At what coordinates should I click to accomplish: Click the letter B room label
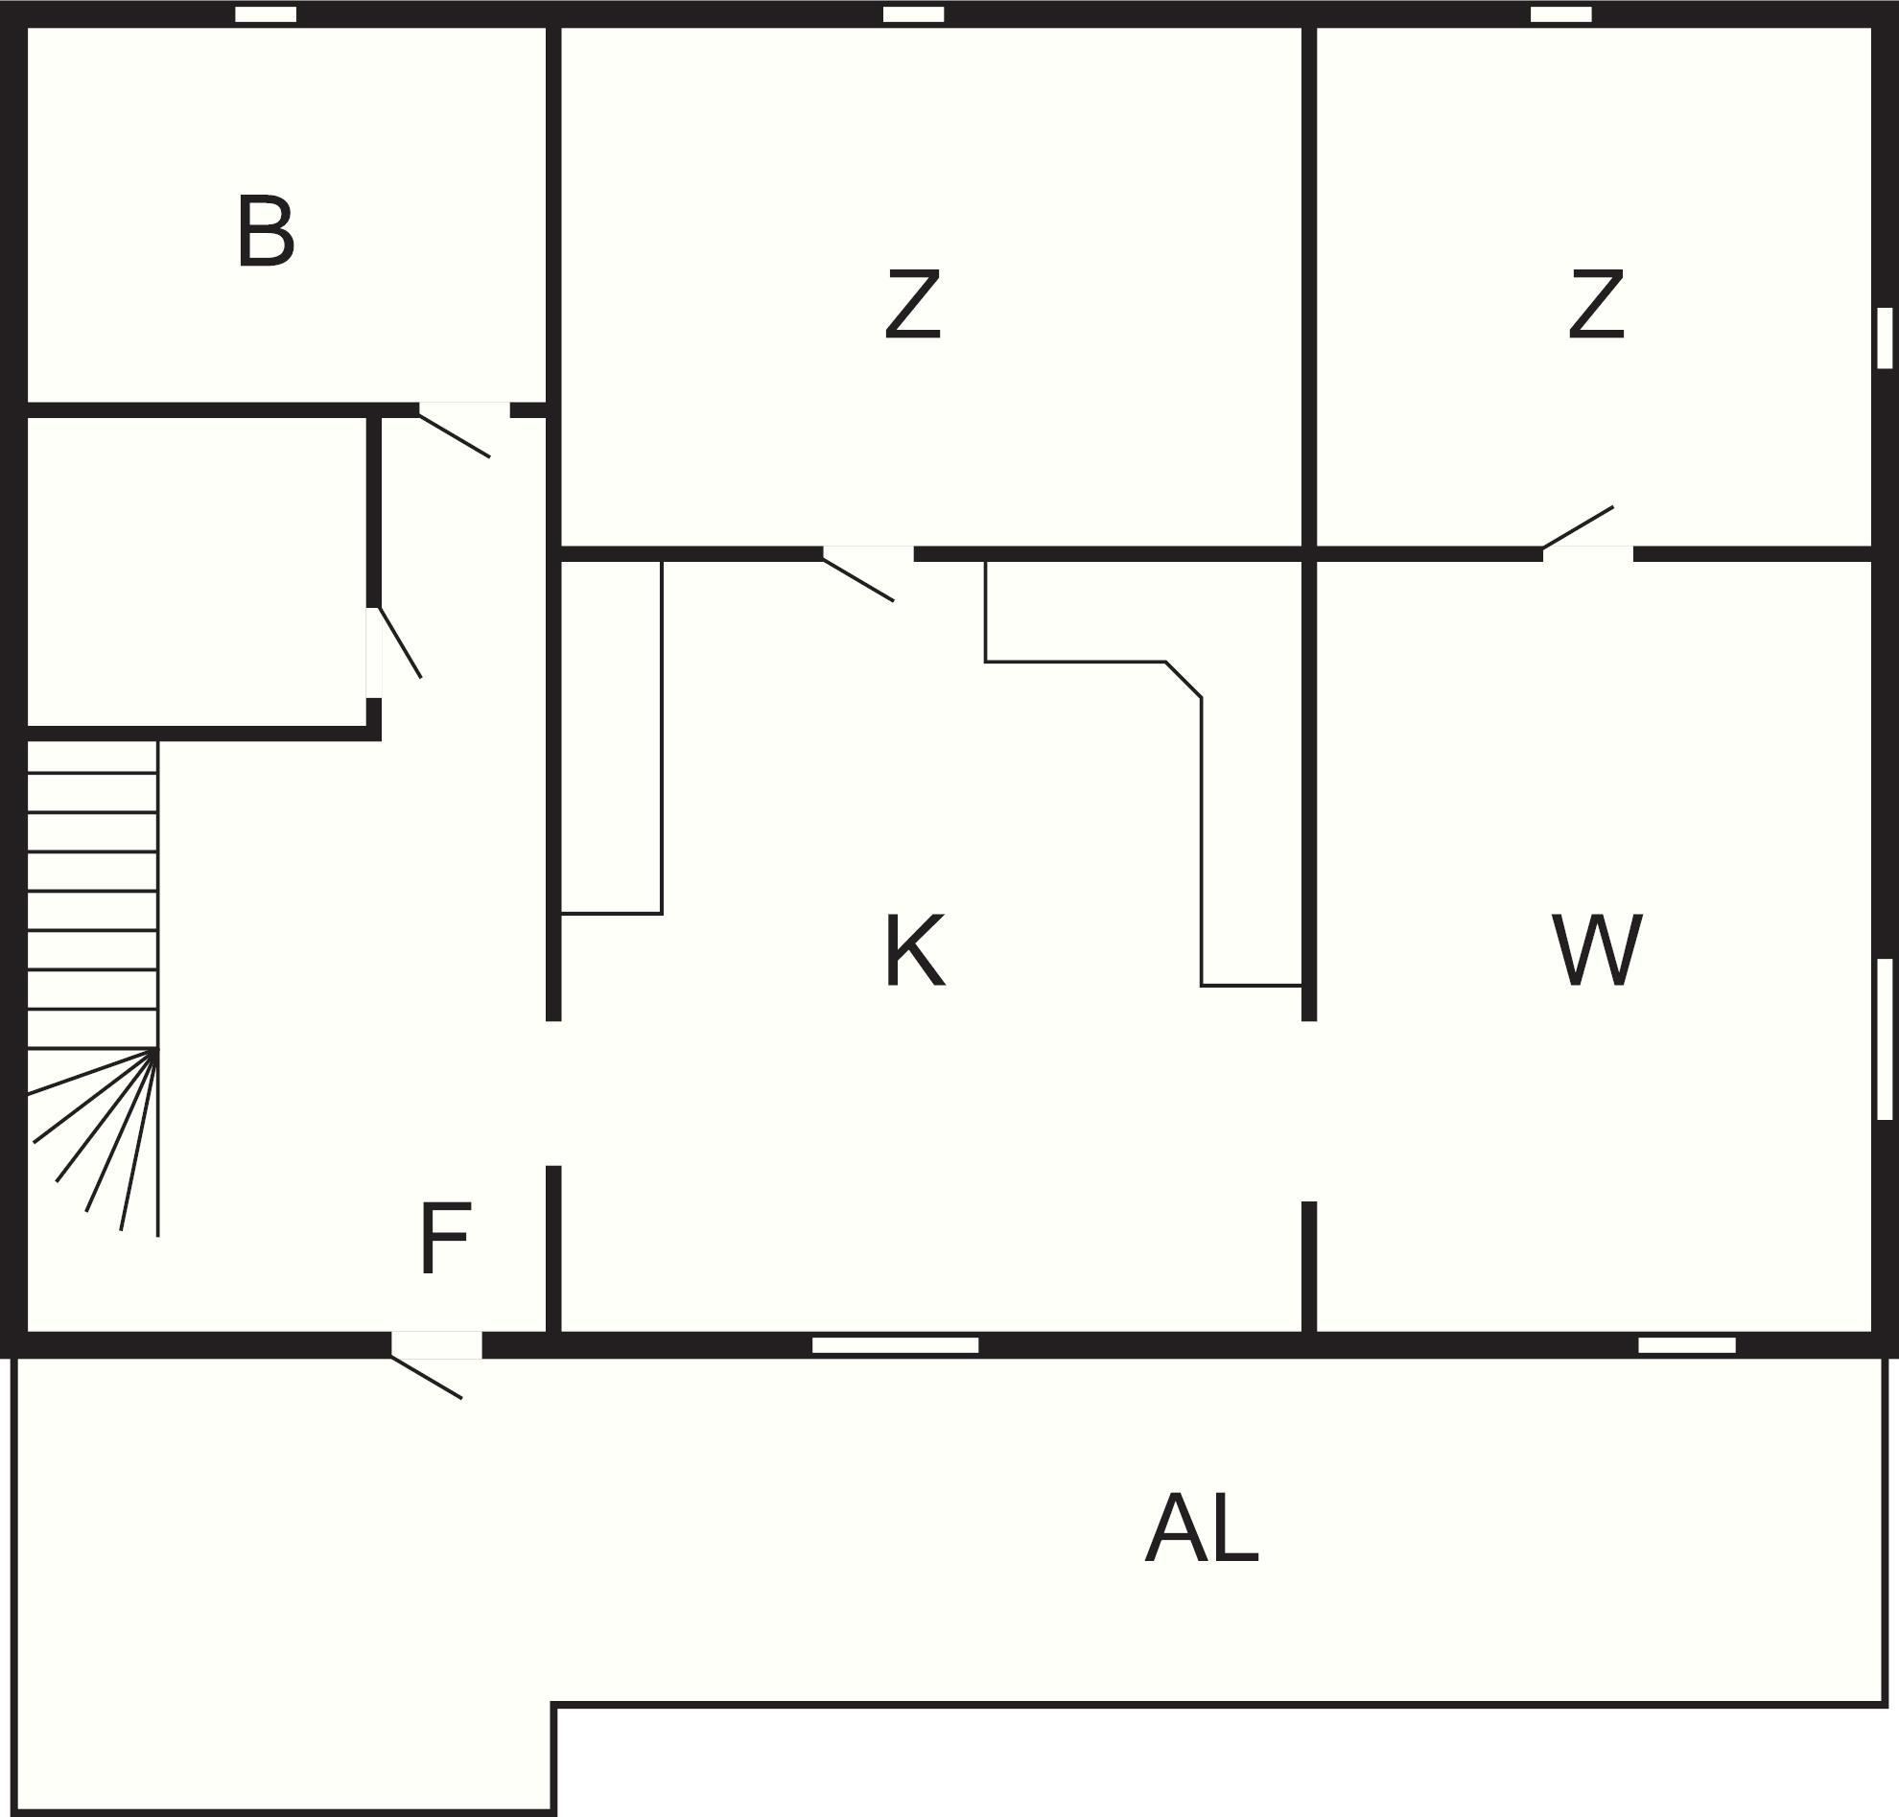tap(266, 231)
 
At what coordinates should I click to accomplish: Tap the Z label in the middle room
tap(913, 305)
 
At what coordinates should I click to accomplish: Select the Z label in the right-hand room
tap(1596, 305)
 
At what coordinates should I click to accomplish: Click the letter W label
tap(1597, 951)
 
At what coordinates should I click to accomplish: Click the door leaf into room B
tap(455, 435)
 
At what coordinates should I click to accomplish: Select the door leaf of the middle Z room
tap(858, 580)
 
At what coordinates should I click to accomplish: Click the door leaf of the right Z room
tap(1579, 528)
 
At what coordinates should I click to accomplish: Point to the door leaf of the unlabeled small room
tap(400, 642)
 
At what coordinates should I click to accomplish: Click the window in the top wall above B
tap(267, 14)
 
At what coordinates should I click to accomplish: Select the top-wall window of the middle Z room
tap(914, 14)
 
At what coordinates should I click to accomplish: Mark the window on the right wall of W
tap(1885, 1039)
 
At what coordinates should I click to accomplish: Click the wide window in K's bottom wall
tap(895, 1345)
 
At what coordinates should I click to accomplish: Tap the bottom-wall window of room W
tap(1687, 1345)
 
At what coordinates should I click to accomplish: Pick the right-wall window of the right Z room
tap(1885, 338)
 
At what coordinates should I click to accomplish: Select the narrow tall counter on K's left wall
tap(611, 736)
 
